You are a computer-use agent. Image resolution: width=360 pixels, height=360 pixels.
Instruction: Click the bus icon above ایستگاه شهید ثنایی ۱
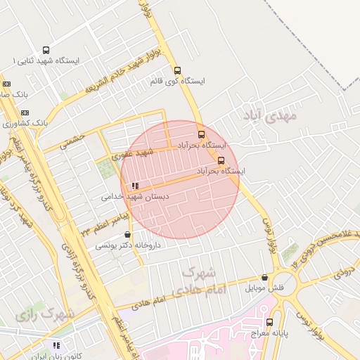46,51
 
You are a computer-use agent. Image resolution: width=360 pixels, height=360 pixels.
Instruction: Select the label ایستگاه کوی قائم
177,82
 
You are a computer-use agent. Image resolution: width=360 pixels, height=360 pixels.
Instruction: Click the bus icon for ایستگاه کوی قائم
177,71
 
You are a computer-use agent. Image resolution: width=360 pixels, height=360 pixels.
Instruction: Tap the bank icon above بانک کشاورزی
25,112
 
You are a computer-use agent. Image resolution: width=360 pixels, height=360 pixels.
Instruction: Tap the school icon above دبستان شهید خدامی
134,186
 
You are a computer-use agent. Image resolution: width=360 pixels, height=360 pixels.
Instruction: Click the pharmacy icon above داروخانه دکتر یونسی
127,235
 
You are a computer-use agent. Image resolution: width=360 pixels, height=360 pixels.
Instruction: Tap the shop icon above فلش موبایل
264,278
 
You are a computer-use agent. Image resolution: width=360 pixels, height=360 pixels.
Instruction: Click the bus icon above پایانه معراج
269,322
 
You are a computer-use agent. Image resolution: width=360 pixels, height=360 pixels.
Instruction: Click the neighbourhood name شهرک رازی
48,314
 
